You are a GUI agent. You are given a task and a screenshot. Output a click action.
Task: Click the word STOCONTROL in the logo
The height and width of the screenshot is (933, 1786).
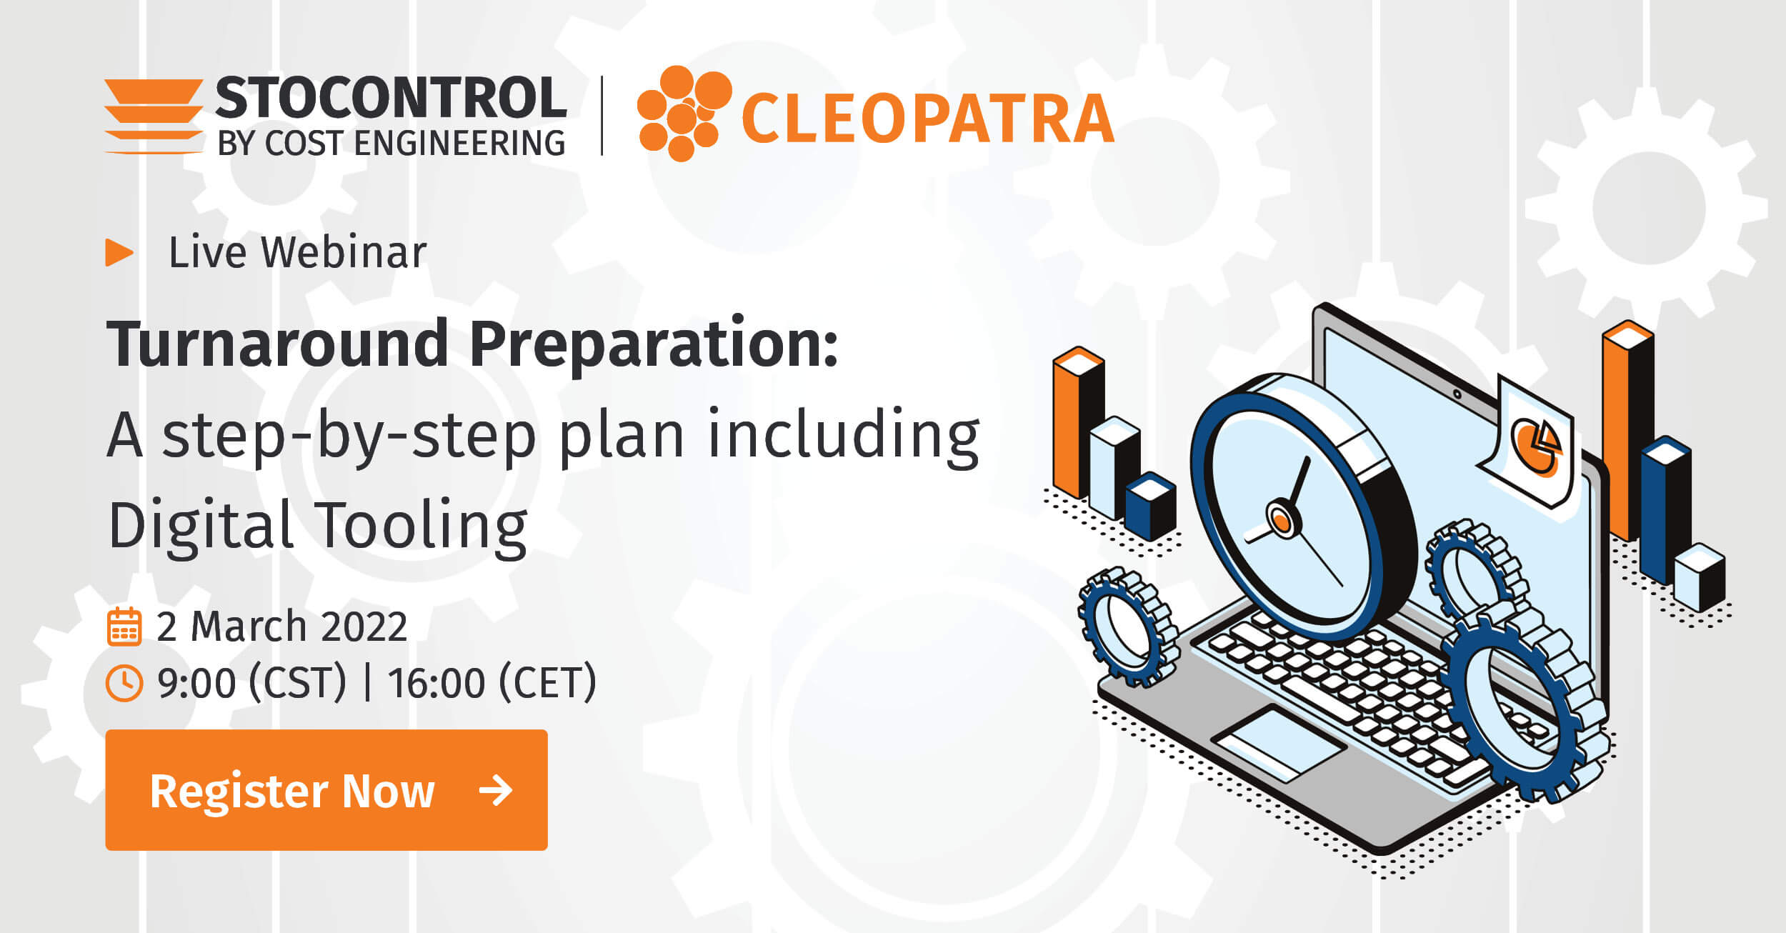[x=391, y=98]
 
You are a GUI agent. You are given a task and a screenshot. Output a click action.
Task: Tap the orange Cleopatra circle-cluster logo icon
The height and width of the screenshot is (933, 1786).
[x=682, y=114]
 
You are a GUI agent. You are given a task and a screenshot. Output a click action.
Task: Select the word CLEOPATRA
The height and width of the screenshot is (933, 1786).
[x=927, y=119]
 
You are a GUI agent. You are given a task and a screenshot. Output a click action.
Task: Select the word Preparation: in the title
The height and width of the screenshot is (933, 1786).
[x=653, y=345]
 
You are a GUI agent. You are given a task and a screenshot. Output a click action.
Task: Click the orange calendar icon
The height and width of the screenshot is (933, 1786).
[x=124, y=627]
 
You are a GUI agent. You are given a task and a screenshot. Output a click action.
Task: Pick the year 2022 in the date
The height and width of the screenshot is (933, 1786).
[x=364, y=627]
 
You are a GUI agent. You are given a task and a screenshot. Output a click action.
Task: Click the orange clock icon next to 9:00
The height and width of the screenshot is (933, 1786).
[x=124, y=683]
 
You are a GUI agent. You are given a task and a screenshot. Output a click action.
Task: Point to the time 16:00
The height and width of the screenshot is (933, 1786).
[x=436, y=683]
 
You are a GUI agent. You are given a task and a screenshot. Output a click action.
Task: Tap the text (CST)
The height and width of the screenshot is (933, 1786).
[x=297, y=683]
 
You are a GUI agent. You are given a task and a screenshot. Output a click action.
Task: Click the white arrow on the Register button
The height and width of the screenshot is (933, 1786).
[x=496, y=790]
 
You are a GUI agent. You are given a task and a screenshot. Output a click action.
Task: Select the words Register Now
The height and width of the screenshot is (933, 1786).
[x=292, y=791]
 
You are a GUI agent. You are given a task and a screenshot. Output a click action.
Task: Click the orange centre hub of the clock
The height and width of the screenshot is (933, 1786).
[x=1282, y=519]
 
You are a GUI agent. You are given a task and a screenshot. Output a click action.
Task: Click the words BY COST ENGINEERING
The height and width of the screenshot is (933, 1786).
[x=391, y=144]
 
